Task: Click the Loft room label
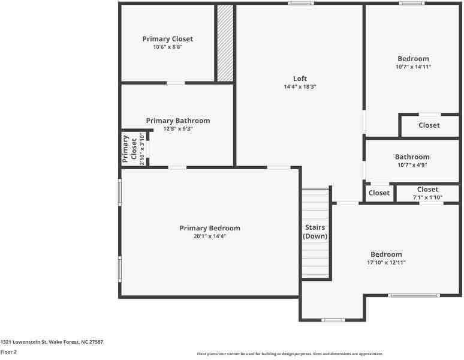[x=300, y=79]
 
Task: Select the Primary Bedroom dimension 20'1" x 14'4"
[x=209, y=236]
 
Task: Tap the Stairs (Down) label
[x=315, y=232]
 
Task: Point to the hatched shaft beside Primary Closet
[x=225, y=43]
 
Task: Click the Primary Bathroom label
[x=177, y=121]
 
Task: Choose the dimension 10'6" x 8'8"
[x=168, y=47]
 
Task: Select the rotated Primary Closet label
[x=129, y=149]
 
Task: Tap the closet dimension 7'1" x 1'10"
[x=427, y=197]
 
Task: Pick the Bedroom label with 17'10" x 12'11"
[x=386, y=254]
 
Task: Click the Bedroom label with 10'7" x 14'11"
[x=413, y=59]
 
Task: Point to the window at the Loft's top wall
[x=300, y=4]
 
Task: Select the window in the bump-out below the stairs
[x=333, y=320]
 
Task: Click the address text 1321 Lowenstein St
[x=52, y=342]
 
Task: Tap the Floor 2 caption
[x=8, y=352]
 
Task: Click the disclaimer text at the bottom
[x=290, y=354]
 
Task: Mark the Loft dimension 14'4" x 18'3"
[x=300, y=87]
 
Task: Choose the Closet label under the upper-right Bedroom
[x=429, y=125]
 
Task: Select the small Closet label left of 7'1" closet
[x=379, y=193]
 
